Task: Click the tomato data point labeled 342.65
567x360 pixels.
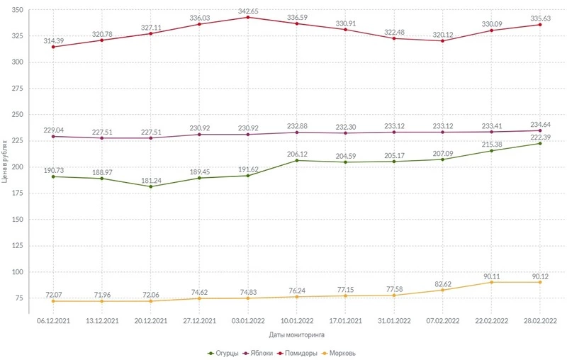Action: (247, 17)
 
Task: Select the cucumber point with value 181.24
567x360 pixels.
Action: (150, 186)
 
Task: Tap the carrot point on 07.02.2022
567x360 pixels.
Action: (442, 290)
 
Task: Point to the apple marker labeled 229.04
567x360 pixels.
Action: (53, 136)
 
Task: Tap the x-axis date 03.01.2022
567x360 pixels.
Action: (247, 320)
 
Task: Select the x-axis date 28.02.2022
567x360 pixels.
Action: (539, 320)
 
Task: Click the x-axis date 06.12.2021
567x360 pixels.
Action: (53, 320)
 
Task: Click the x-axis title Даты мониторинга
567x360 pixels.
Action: (296, 334)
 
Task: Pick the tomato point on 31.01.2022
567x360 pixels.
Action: (393, 38)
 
